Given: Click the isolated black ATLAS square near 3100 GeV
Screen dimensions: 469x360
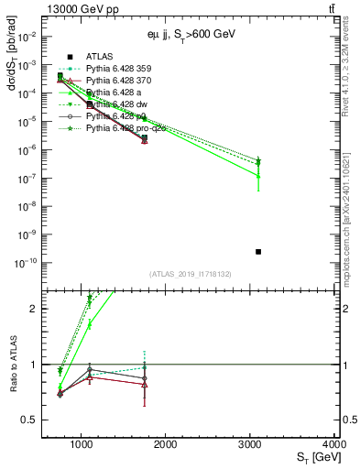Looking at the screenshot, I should [258, 251].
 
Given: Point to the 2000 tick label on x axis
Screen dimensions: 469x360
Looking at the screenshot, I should [166, 445].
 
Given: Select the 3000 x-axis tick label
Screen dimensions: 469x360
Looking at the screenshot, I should [250, 445].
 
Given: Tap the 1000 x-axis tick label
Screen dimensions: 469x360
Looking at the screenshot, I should [82, 445].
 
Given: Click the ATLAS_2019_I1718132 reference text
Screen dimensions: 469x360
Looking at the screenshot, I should [191, 272].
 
